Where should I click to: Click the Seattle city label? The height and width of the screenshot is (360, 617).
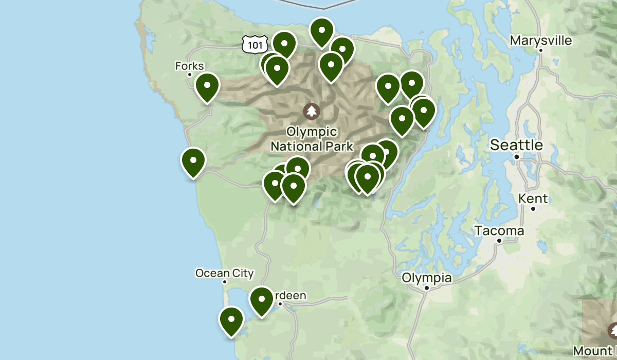pos(516,145)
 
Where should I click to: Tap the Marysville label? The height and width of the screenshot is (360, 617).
pos(540,40)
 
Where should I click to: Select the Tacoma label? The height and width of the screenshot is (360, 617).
pos(499,231)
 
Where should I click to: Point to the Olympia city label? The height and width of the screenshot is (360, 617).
pos(427,278)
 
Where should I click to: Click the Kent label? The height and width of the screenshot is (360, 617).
pos(533,199)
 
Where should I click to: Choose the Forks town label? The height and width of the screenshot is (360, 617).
pos(190,66)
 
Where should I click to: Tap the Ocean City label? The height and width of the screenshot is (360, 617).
pos(225,273)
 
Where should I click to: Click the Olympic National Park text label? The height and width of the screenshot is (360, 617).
pos(312,139)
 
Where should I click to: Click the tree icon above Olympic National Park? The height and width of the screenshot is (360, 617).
pos(311,111)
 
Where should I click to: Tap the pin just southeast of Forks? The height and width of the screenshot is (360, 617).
pos(207,86)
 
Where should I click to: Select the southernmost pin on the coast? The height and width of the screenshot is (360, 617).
pos(231,320)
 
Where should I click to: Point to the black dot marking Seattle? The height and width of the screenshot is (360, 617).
pos(517,156)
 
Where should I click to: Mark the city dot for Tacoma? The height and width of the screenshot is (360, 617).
pos(499,241)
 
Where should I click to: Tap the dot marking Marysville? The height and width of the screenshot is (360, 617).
pos(541,50)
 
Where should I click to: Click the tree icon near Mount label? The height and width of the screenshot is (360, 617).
pos(612,330)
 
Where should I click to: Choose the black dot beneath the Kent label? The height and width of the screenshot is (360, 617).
pos(533,209)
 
